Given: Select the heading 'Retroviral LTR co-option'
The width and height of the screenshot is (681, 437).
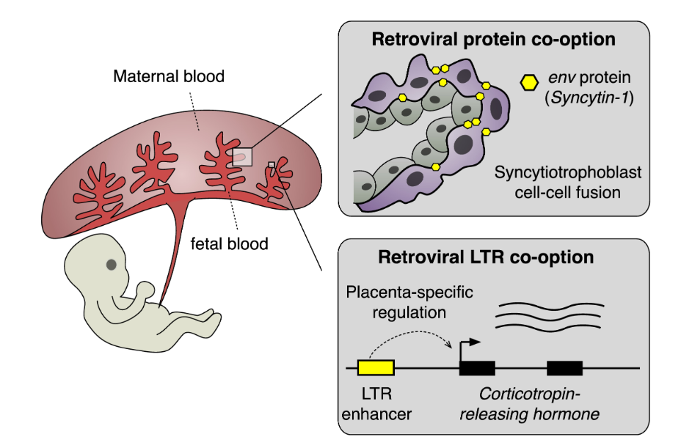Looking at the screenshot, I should click(486, 257).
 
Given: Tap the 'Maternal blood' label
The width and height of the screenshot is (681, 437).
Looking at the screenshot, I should click(169, 76).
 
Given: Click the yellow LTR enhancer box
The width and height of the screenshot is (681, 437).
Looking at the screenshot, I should click(375, 368).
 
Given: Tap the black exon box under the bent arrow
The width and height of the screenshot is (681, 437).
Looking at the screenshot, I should click(477, 368).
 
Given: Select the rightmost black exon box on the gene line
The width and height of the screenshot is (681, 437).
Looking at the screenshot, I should click(564, 368).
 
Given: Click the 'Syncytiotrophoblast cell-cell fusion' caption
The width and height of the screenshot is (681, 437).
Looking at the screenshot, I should click(567, 181).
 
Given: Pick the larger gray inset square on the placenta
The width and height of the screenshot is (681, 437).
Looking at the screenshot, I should click(242, 156).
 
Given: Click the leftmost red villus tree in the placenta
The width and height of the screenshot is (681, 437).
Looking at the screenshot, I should click(98, 180).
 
